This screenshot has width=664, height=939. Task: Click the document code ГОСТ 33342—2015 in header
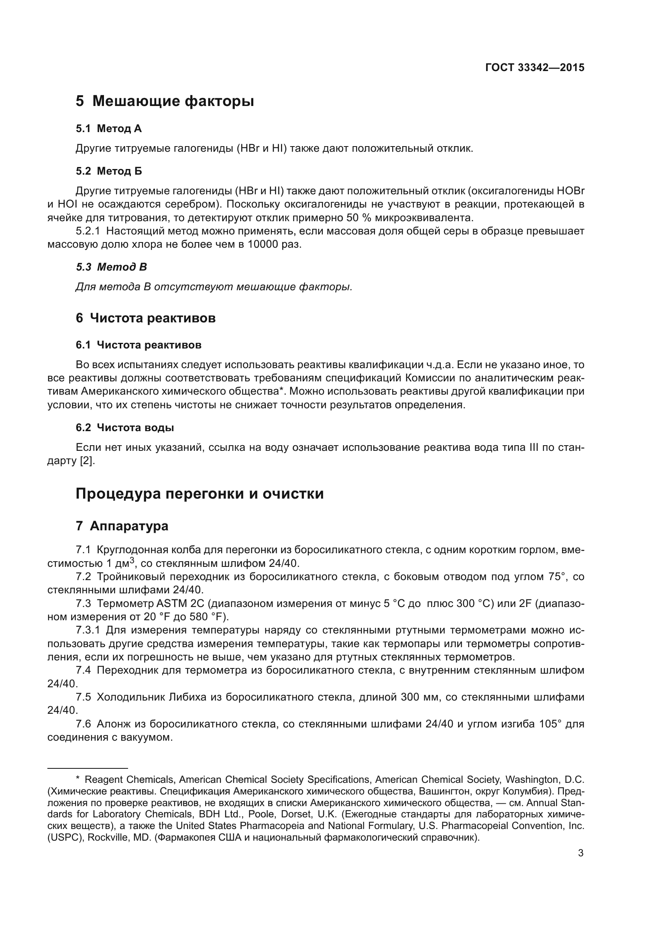pos(534,68)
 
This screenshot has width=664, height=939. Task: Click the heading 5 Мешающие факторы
pos(165,101)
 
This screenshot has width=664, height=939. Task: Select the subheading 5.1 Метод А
pos(108,129)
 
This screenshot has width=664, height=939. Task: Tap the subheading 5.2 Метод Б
pos(109,171)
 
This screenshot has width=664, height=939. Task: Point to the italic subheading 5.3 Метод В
pos(111,267)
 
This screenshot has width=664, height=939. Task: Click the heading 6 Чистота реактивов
pos(146,318)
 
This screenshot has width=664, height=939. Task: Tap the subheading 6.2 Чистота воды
pos(125,428)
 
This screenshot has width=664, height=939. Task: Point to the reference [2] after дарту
pos(87,461)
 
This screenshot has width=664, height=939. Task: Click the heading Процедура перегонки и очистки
pos(200,494)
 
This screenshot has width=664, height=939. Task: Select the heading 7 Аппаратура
pos(122,526)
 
